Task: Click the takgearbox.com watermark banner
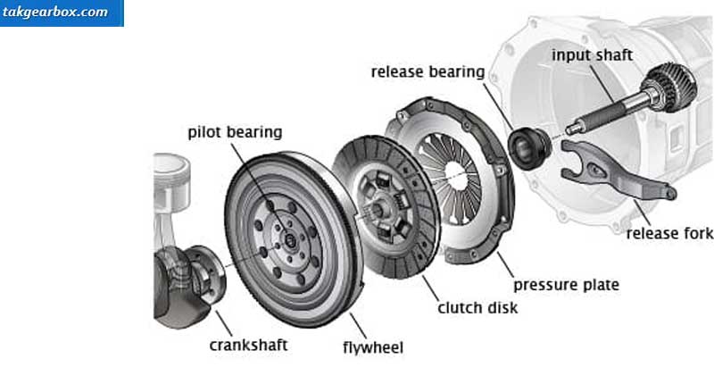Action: [x=62, y=13]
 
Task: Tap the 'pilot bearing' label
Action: [x=235, y=132]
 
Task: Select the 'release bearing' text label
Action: [x=428, y=71]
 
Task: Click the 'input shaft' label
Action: [x=592, y=54]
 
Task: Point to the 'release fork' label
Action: [x=669, y=233]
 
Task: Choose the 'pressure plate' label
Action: [x=566, y=285]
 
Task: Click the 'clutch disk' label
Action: [x=477, y=308]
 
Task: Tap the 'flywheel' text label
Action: [x=373, y=347]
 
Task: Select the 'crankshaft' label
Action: [x=248, y=345]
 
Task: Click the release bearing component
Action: [x=529, y=148]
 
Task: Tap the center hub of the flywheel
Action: [x=289, y=239]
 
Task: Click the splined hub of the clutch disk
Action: [x=378, y=210]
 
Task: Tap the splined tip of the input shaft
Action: [x=574, y=129]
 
